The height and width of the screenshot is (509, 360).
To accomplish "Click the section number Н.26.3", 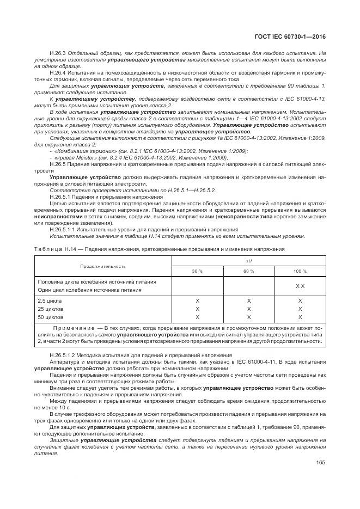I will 57,53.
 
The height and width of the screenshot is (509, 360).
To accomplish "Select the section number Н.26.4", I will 57,72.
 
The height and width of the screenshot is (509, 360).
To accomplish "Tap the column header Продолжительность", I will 103,266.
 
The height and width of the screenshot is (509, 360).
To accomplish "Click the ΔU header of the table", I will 248,261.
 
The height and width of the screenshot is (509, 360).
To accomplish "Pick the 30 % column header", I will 197,271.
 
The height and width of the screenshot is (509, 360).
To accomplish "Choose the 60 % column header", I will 248,271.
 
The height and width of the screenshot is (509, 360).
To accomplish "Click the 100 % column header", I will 300,271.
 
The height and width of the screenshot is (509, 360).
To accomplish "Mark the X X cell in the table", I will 300,286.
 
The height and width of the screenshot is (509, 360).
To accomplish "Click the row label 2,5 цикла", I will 50,301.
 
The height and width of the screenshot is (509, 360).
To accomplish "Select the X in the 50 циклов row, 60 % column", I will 248,317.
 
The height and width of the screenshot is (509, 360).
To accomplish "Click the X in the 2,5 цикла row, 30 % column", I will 197,301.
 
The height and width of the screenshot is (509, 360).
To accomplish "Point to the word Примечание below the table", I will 75,329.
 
